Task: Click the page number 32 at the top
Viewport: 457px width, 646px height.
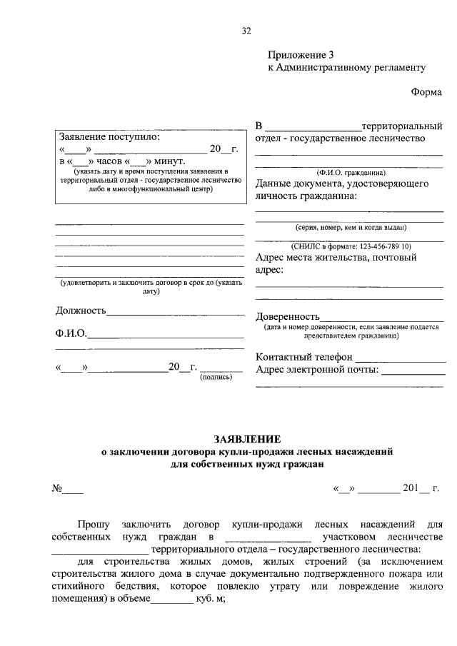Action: pyautogui.click(x=246, y=30)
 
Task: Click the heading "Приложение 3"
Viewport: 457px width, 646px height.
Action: pyautogui.click(x=301, y=55)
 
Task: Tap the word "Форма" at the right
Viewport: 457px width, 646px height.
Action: pyautogui.click(x=426, y=92)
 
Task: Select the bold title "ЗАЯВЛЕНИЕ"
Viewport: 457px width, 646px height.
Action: pyautogui.click(x=246, y=438)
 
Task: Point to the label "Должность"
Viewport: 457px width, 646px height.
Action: pyautogui.click(x=81, y=311)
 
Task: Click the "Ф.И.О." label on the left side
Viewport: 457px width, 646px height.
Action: pyautogui.click(x=71, y=333)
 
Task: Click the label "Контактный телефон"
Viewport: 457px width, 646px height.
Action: pyautogui.click(x=304, y=357)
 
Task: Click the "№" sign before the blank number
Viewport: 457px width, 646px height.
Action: pyautogui.click(x=57, y=489)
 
